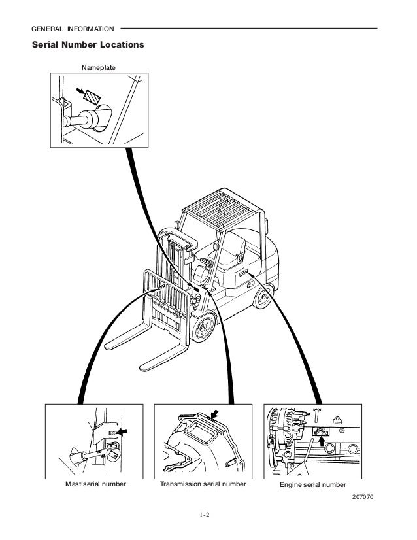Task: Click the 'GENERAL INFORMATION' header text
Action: click(73, 29)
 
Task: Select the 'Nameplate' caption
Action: click(96, 67)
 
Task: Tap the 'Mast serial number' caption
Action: click(95, 484)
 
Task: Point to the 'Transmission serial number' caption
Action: click(203, 484)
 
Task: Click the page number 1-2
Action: click(208, 521)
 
